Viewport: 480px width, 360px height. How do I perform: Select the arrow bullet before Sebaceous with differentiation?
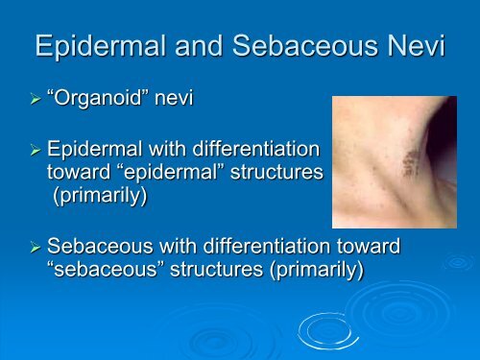click(36, 248)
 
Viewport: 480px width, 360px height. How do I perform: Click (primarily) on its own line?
click(95, 195)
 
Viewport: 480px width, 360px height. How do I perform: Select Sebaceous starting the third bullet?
click(99, 248)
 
